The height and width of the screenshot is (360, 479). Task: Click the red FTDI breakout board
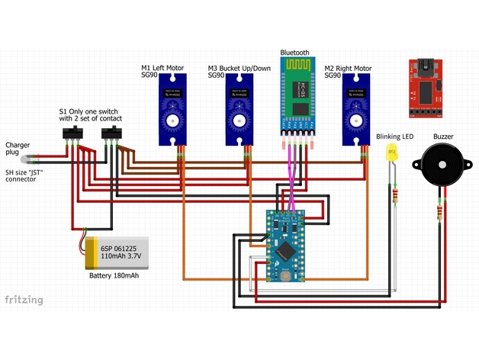(x=425, y=90)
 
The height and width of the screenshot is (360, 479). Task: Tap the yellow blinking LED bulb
(x=393, y=152)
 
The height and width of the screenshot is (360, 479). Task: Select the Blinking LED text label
(x=394, y=137)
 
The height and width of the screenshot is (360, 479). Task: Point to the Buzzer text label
(x=443, y=137)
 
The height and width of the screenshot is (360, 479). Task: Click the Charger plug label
(x=18, y=148)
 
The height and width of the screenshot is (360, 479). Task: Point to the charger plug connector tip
(x=28, y=159)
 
